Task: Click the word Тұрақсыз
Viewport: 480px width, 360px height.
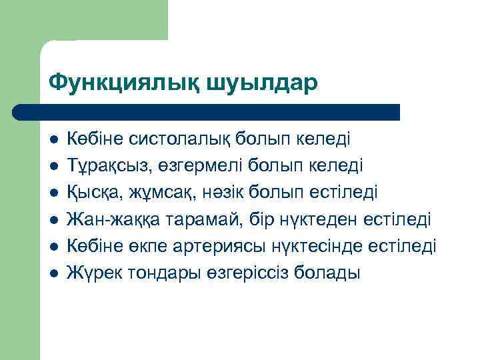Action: tap(105, 165)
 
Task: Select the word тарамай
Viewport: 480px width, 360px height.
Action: tap(183, 219)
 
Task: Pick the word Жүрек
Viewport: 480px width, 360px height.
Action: tap(91, 273)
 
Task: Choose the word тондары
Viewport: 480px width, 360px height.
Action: tap(153, 273)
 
